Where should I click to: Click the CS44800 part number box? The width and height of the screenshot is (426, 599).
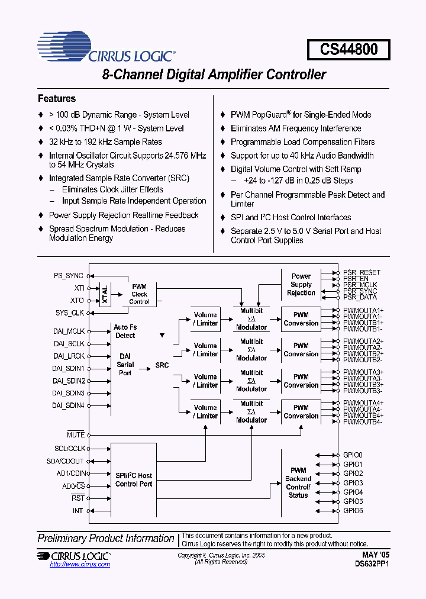click(x=349, y=49)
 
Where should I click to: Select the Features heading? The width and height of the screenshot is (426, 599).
click(x=57, y=98)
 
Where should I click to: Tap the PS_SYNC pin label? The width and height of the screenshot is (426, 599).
click(x=69, y=275)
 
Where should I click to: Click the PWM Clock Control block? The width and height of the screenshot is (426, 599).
click(x=139, y=294)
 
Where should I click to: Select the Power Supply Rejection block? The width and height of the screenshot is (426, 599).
click(x=301, y=284)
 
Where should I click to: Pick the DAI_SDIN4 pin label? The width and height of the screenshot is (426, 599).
click(x=69, y=405)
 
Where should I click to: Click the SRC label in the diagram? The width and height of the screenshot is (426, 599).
click(x=162, y=365)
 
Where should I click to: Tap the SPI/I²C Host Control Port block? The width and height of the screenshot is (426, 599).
click(x=134, y=479)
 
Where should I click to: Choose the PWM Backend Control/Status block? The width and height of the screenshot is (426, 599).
click(x=298, y=482)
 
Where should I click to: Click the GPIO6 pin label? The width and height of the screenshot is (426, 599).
click(x=353, y=510)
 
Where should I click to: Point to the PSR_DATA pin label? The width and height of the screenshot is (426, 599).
click(x=360, y=297)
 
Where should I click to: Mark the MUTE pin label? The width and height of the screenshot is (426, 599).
click(x=76, y=435)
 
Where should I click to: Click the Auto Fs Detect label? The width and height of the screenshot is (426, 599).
click(x=125, y=331)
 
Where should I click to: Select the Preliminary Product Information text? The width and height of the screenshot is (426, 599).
click(x=106, y=538)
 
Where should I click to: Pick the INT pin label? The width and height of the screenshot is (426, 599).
click(x=78, y=510)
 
